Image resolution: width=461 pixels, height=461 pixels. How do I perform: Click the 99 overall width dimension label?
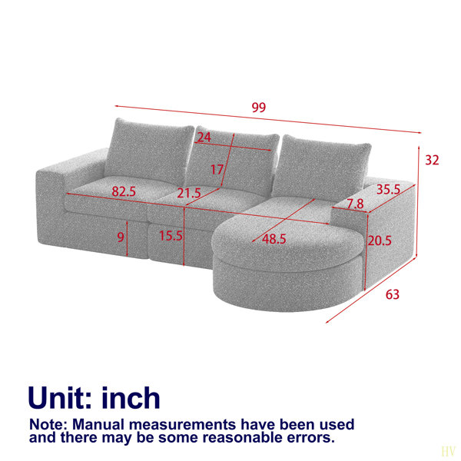tap(259, 108)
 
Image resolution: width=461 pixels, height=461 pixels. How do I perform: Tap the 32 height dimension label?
tap(432, 161)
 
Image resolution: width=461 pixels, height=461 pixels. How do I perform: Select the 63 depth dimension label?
tap(392, 294)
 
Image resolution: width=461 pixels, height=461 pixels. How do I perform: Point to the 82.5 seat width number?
tap(124, 191)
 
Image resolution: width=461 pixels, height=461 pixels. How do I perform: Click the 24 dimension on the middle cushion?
tap(204, 138)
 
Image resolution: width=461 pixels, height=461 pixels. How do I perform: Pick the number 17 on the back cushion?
tap(217, 170)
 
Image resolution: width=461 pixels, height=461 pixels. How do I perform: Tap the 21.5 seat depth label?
tap(189, 193)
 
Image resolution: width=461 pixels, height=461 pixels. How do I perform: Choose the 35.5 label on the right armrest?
tap(388, 190)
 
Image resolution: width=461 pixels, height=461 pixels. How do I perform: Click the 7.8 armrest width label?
tap(355, 204)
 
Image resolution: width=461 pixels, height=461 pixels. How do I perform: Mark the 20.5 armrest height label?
tap(380, 240)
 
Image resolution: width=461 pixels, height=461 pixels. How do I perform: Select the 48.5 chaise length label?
tap(274, 239)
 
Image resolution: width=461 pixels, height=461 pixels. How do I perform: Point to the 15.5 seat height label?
tap(171, 236)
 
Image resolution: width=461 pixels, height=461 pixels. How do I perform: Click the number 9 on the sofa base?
tap(121, 237)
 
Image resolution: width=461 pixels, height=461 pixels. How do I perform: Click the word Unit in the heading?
tap(60, 397)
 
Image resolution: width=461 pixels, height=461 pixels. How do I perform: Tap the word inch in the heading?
tap(131, 397)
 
